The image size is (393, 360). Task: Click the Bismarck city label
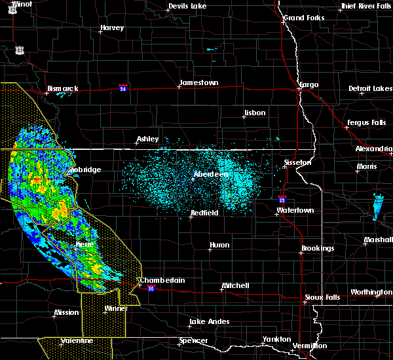click(x=63, y=88)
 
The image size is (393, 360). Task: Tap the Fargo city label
click(x=308, y=85)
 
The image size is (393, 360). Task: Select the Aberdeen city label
click(x=210, y=175)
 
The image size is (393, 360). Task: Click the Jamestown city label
click(x=199, y=83)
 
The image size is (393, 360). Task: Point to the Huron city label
click(x=219, y=245)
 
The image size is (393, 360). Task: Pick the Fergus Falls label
click(x=367, y=123)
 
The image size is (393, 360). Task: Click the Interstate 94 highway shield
click(x=123, y=87)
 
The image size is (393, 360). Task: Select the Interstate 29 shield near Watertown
click(x=282, y=199)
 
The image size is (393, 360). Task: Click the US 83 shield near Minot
click(x=20, y=50)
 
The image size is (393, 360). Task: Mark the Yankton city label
click(x=277, y=339)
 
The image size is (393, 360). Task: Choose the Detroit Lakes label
click(x=371, y=88)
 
